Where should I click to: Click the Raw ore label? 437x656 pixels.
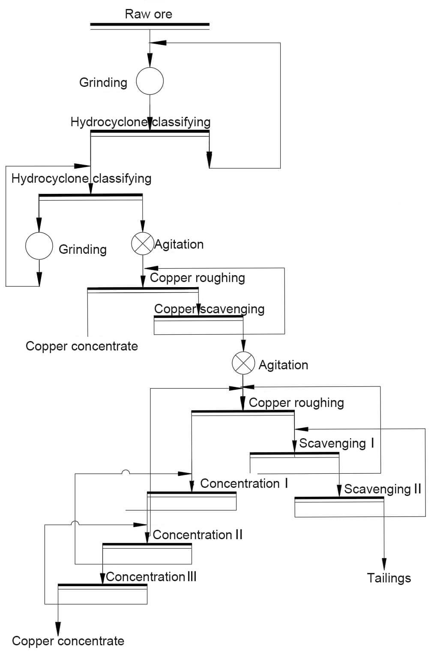pyautogui.click(x=148, y=14)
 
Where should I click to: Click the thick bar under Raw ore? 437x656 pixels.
pyautogui.click(x=150, y=24)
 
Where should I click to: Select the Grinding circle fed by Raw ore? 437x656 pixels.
pyautogui.click(x=150, y=81)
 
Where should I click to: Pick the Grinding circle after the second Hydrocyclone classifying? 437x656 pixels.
pyautogui.click(x=39, y=246)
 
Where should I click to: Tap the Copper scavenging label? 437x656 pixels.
pyautogui.click(x=209, y=309)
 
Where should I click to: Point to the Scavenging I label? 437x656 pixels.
pyautogui.click(x=336, y=443)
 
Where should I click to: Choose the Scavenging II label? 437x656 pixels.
pyautogui.click(x=382, y=489)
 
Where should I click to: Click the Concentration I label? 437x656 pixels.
pyautogui.click(x=244, y=484)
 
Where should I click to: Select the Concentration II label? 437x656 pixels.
pyautogui.click(x=198, y=535)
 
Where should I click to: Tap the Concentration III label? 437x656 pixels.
pyautogui.click(x=151, y=577)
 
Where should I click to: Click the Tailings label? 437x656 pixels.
pyautogui.click(x=389, y=578)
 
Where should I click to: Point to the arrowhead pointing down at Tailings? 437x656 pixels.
pyautogui.click(x=384, y=564)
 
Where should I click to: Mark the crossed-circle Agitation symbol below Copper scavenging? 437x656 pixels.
pyautogui.click(x=243, y=363)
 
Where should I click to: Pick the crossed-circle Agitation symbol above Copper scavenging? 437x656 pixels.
pyautogui.click(x=142, y=243)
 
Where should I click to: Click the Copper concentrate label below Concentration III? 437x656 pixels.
pyautogui.click(x=68, y=641)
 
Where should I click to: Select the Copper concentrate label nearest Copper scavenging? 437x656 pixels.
pyautogui.click(x=81, y=346)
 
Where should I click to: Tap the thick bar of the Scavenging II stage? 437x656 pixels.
pyautogui.click(x=339, y=498)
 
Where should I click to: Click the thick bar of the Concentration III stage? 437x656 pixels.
pyautogui.click(x=102, y=585)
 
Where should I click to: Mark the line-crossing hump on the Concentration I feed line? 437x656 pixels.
pyautogui.click(x=126, y=472)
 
